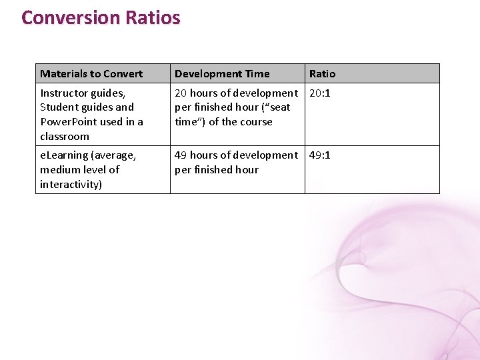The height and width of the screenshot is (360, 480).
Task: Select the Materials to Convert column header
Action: pyautogui.click(x=91, y=73)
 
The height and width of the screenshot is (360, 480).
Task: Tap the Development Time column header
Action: pyautogui.click(x=222, y=73)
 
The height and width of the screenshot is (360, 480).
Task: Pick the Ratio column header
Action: pyautogui.click(x=322, y=73)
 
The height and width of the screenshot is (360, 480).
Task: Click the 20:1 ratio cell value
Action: pyautogui.click(x=319, y=93)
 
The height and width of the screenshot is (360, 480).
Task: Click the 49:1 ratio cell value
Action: pyautogui.click(x=319, y=155)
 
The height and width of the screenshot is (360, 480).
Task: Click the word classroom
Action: pyautogui.click(x=65, y=137)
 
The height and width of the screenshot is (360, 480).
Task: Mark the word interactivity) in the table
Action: pyautogui.click(x=71, y=185)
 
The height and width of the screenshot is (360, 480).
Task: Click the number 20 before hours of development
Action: pyautogui.click(x=181, y=93)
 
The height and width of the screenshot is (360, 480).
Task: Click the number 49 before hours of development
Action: pyautogui.click(x=181, y=155)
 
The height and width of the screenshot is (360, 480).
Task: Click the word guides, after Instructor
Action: pyautogui.click(x=110, y=93)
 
